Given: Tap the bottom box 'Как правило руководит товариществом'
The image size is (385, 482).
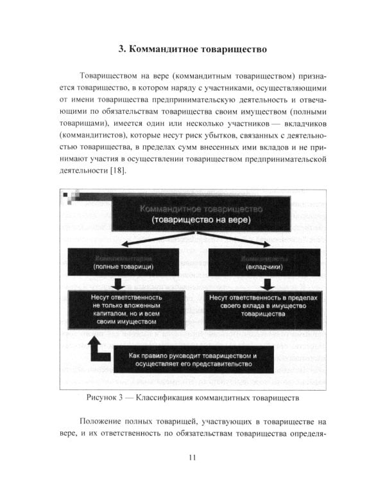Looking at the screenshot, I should pos(193,360).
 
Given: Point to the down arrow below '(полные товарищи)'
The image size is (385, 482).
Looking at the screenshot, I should pos(117,283).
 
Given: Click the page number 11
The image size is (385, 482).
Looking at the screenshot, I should pos(193,458).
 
